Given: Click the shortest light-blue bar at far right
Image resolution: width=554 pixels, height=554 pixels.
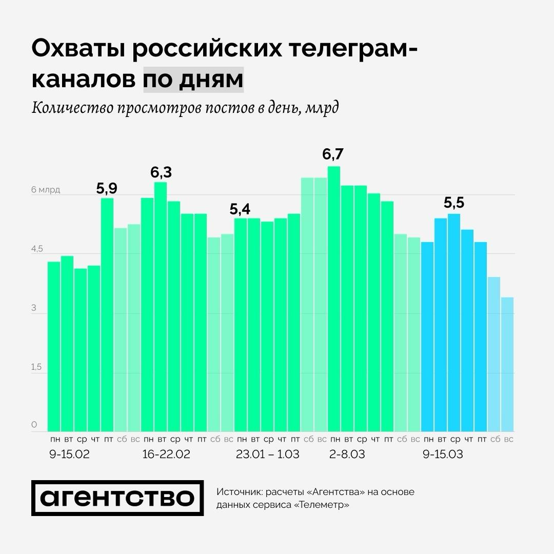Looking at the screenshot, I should pos(507,364).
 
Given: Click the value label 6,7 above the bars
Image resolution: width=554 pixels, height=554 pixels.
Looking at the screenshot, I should pos(333,154).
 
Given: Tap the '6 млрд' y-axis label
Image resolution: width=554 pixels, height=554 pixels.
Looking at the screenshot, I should pos(46,190).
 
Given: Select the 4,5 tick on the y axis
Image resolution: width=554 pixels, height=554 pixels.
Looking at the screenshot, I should pos(37,249).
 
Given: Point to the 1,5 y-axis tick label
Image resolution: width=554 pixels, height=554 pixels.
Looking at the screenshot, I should pos(37,367).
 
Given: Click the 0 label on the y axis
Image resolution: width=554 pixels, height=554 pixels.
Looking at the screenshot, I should pos(34,425).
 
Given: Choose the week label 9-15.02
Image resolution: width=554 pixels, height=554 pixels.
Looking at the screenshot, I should pos(69,454).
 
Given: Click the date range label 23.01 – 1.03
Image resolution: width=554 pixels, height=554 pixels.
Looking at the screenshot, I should pos(267,454).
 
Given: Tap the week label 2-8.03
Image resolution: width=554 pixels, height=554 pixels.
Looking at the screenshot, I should pos(347,454).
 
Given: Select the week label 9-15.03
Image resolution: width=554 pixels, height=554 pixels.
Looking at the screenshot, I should pos(443,454).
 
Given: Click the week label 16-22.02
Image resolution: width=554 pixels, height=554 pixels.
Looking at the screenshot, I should pos(166,454).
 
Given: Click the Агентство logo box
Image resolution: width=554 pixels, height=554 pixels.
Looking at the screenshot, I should pos(117,498).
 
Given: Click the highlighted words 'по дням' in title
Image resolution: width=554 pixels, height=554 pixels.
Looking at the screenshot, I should pos(193,80).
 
